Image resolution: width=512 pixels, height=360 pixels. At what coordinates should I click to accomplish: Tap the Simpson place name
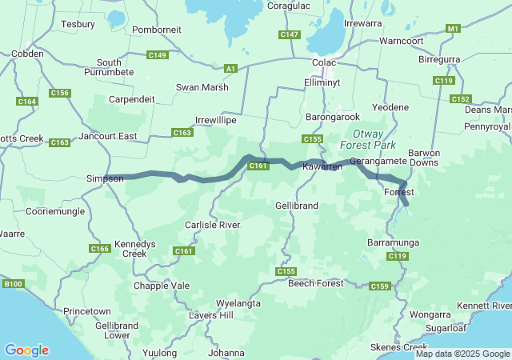coord(105,178)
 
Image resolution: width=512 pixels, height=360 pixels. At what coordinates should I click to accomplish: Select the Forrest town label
coord(398,193)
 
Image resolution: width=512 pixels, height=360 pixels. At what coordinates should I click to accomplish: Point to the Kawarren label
coord(322,166)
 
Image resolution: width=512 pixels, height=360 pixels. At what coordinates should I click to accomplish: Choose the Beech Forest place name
coord(315,283)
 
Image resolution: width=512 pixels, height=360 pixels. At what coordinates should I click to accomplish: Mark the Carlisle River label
coord(213,226)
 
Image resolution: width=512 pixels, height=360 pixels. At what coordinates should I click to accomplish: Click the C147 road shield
coord(290,34)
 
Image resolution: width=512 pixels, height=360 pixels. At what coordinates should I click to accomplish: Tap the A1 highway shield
coord(231,69)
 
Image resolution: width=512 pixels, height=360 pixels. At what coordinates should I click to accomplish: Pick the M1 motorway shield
coord(454,29)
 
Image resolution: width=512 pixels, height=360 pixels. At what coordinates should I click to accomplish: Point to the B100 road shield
coord(13,283)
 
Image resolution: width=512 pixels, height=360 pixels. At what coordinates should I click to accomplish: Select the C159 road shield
coord(381,286)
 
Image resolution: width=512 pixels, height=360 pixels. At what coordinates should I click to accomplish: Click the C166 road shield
coord(100,249)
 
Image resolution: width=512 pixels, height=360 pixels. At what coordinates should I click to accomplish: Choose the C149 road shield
coord(158,55)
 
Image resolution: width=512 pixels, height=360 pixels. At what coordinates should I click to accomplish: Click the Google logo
coord(26,350)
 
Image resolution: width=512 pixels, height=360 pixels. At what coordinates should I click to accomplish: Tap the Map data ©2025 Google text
coord(462,354)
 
